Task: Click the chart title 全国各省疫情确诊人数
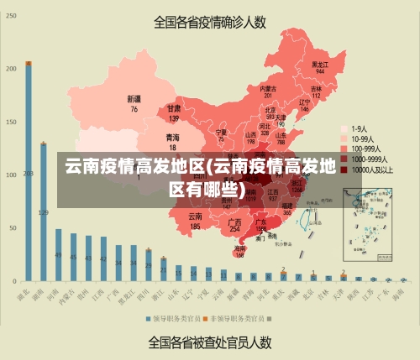tap(210, 22)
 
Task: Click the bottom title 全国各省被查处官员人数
tap(210, 342)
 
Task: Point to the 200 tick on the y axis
tap(11, 69)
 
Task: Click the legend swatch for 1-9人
tap(344, 129)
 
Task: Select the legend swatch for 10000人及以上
tap(344, 169)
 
